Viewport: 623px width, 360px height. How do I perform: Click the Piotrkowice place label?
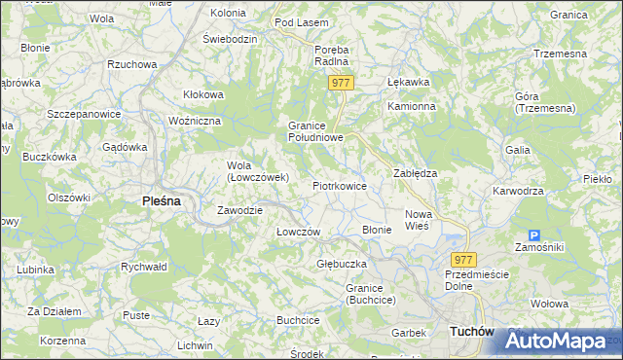coord(339,185)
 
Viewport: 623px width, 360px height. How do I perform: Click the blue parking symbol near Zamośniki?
coord(533,235)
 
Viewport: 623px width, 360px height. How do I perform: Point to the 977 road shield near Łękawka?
coord(340,84)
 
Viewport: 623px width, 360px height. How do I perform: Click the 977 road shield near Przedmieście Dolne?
coord(464,259)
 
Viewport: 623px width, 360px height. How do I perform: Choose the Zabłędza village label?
coord(415,172)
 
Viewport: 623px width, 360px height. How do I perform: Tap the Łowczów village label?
coord(298,232)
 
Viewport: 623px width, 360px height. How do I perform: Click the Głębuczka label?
coord(341,264)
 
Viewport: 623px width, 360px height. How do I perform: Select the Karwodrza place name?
coord(518,191)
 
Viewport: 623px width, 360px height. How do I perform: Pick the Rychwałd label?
coord(144,266)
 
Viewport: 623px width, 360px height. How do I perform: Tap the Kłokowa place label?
coord(203,94)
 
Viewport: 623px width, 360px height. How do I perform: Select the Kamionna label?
coord(409,106)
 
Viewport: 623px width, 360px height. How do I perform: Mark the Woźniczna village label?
coord(195,120)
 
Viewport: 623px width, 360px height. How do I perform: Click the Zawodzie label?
coord(237,210)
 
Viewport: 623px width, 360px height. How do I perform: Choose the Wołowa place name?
coord(550,304)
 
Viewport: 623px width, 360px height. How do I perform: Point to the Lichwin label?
coord(195,345)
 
